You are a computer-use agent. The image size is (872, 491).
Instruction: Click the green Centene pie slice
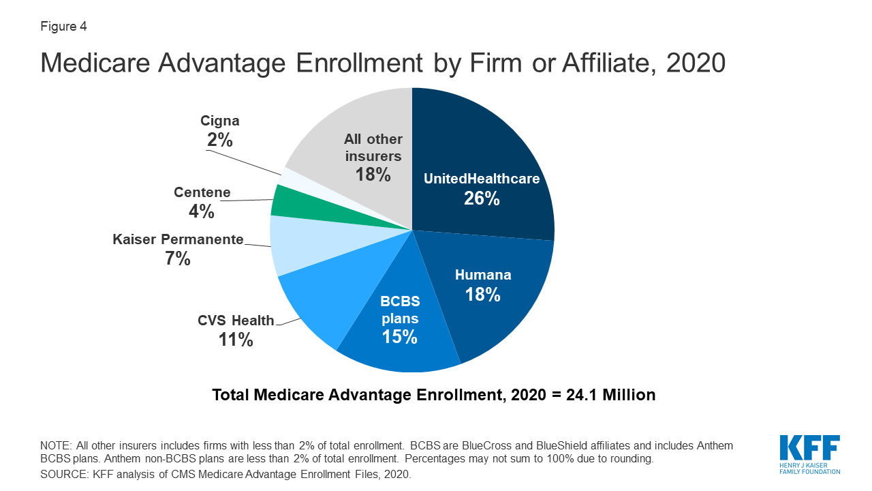[x=286, y=199]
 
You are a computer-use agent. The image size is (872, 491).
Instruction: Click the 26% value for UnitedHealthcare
[x=482, y=198]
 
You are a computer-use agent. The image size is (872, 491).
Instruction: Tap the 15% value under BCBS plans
[x=399, y=337]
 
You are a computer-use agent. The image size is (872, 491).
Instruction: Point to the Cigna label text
[x=219, y=121]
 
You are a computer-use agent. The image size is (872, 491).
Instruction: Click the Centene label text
[x=202, y=192]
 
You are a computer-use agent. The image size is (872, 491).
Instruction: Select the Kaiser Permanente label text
[x=178, y=239]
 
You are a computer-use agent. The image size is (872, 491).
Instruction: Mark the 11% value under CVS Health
[x=236, y=340]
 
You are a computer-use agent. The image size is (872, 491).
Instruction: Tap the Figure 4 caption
[x=63, y=27]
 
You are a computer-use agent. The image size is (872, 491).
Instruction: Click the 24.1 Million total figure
[x=610, y=395]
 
